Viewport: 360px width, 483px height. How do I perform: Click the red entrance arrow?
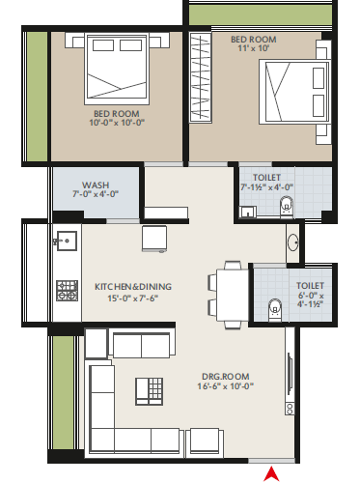[x=271, y=474]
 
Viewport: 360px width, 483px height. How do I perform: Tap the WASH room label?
[x=96, y=185]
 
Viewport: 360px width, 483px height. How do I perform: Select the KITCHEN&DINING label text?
[x=133, y=287]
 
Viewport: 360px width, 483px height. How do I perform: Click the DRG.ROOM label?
[x=226, y=377]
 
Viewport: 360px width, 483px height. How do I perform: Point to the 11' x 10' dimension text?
[x=254, y=48]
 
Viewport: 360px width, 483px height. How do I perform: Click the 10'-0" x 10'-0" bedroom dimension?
[x=117, y=123]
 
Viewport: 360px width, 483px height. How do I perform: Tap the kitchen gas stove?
[x=68, y=291]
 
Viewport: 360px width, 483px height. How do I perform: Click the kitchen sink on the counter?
[x=67, y=241]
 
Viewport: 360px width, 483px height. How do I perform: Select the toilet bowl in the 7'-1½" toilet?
[x=287, y=206]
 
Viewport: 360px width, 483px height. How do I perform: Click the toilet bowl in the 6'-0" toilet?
[x=275, y=309]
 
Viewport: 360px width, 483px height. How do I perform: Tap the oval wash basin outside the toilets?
[x=293, y=241]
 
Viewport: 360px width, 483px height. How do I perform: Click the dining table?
[x=233, y=295]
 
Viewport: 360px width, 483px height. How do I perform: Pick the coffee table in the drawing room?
[x=150, y=391]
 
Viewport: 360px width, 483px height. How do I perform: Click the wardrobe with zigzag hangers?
[x=201, y=77]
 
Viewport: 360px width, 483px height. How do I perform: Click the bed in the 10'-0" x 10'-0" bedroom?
[x=117, y=69]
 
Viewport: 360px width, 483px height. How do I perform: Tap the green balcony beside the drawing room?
[x=64, y=392]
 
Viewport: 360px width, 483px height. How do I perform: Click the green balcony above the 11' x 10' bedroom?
[x=261, y=14]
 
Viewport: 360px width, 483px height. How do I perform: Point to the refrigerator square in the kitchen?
[x=154, y=239]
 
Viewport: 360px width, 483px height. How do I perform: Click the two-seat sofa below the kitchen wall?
[x=142, y=346]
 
